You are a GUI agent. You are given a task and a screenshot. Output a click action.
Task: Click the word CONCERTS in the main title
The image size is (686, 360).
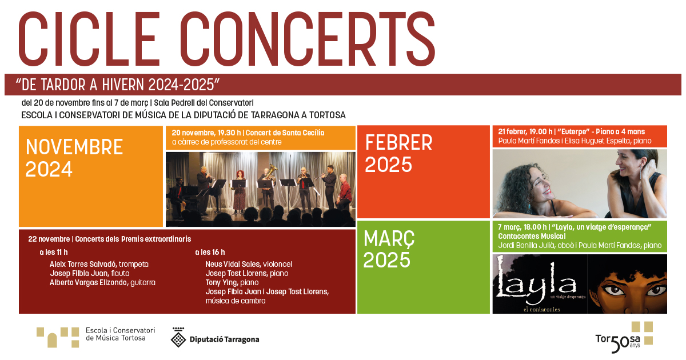pos(308,39)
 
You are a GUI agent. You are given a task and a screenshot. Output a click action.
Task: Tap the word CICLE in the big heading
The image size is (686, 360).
pos(89,39)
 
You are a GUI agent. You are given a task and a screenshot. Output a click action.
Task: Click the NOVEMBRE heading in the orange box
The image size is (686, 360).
pos(74,147)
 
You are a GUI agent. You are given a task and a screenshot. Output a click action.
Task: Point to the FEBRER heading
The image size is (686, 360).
pos(399,143)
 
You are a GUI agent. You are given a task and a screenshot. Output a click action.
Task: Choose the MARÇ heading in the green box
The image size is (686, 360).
pos(389,238)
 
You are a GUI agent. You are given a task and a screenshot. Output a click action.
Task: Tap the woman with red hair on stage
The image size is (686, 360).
pos(239,191)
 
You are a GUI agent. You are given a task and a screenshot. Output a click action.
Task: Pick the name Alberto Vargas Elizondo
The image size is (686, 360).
pos(89,282)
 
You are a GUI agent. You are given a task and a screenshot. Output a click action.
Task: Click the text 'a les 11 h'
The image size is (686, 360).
pos(54,252)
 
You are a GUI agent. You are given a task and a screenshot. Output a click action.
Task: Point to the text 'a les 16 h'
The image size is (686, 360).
pos(210,252)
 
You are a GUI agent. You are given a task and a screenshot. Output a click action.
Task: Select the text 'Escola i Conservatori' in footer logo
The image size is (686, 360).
pos(121,330)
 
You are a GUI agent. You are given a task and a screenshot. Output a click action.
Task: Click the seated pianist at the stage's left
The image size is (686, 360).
pos(178,196)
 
